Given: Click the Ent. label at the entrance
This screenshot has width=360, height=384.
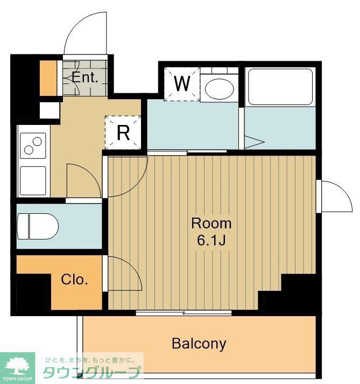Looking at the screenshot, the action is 84,78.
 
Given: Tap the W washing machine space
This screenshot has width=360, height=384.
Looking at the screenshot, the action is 182,84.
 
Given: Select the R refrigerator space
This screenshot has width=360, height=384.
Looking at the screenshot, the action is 123,132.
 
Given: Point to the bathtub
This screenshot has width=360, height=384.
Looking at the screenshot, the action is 280,87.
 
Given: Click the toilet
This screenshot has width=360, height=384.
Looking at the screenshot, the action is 38,226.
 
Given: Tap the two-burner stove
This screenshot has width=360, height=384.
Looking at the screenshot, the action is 33,145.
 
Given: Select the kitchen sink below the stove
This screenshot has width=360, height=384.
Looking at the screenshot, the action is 33,181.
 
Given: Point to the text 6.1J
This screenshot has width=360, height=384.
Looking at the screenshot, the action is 211,241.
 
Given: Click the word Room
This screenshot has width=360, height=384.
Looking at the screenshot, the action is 211,224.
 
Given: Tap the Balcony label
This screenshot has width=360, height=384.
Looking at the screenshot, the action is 199,344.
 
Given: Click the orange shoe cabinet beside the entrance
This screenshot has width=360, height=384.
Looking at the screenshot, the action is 48,78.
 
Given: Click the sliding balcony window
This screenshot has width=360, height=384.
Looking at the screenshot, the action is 184,313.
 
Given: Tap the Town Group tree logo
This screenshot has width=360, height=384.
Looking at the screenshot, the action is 17,367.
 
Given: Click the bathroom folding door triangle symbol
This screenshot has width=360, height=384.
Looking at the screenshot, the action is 255,142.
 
